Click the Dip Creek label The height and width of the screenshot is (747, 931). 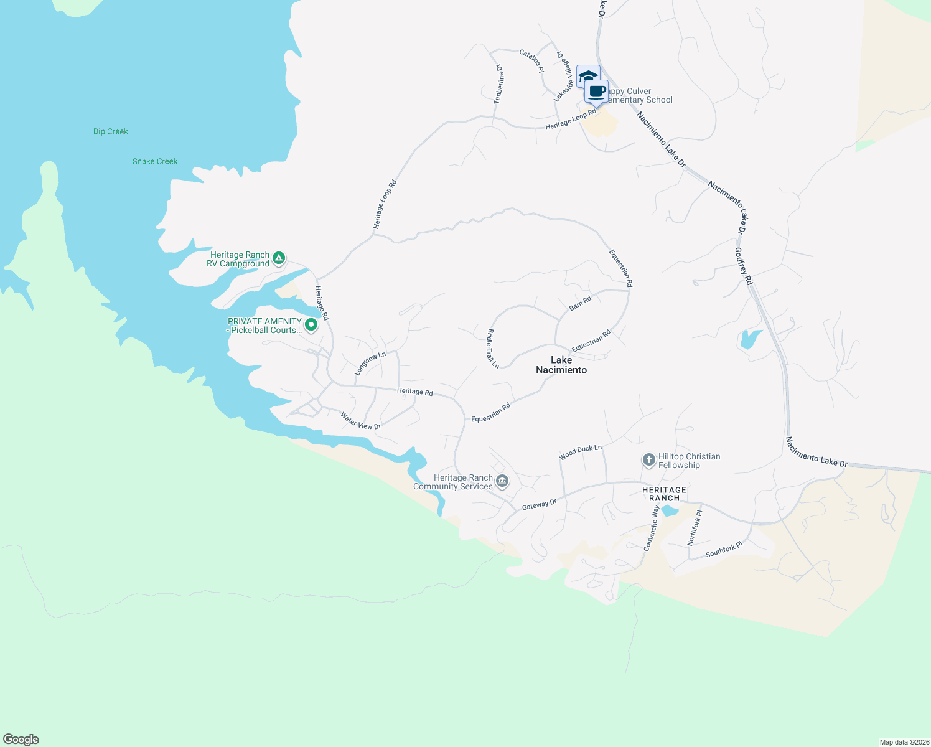111,131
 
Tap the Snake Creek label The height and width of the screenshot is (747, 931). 155,161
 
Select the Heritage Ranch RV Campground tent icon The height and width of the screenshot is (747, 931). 279,258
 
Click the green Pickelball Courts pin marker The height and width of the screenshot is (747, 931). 311,324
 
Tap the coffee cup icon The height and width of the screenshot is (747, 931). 597,92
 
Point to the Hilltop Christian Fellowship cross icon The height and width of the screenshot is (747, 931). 648,461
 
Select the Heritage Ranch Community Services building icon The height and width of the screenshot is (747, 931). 502,481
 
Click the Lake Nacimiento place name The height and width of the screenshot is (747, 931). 561,365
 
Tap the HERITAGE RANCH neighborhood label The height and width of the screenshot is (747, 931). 665,494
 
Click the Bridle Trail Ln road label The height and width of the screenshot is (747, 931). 493,349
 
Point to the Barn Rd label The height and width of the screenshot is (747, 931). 580,304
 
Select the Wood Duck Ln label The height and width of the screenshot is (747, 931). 580,453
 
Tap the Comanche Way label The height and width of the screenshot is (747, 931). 651,529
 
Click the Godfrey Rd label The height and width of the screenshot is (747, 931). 744,266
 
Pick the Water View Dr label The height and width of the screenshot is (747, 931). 360,421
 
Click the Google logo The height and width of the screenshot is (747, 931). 21,740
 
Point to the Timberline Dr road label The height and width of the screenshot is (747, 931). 499,84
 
